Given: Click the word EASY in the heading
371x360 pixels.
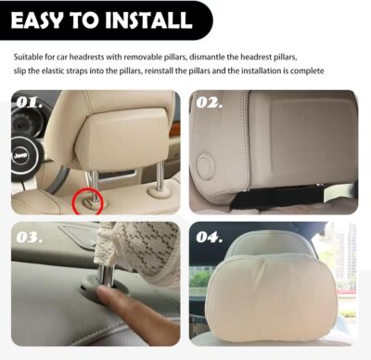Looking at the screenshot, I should point(45,19).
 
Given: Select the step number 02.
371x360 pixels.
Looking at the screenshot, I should point(210,103).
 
